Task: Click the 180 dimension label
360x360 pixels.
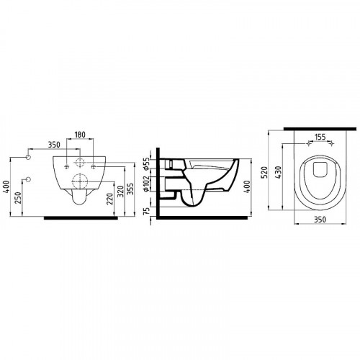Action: (80, 135)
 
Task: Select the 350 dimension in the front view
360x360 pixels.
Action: (54, 145)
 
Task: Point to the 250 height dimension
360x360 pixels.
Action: (19, 198)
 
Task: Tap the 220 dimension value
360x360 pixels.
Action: (109, 199)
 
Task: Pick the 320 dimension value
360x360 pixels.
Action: (121, 192)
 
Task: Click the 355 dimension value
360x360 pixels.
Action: (130, 189)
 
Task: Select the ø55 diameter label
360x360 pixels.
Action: (146, 163)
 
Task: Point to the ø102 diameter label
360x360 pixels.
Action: (146, 184)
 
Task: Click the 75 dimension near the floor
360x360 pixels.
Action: (147, 211)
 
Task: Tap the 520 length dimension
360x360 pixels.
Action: (264, 172)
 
